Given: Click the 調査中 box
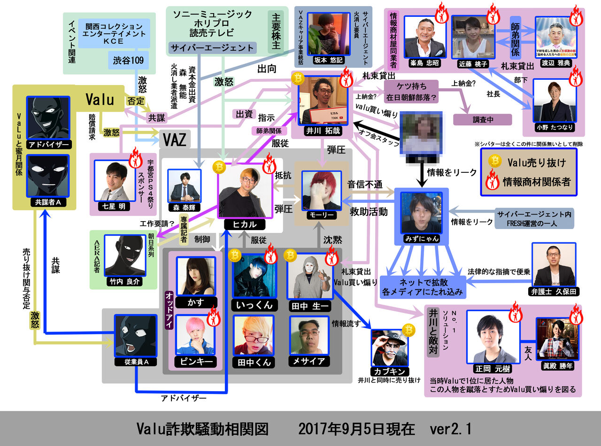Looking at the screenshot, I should [x=482, y=119].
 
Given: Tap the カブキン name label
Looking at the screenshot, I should [x=389, y=372].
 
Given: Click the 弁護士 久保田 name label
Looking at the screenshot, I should [x=554, y=292].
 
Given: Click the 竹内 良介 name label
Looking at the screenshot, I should [x=124, y=282].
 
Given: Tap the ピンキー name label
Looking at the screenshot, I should [x=195, y=361].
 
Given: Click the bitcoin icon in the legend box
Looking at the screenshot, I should [x=495, y=161].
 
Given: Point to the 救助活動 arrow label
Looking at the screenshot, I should [x=369, y=212].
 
